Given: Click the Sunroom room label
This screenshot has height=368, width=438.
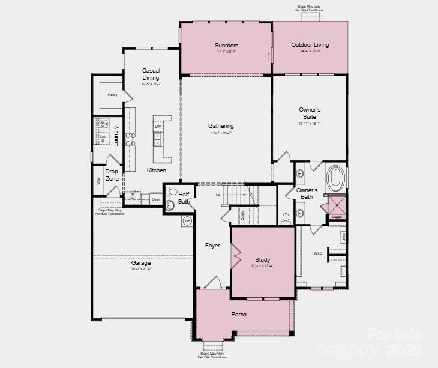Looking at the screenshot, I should pyautogui.click(x=226, y=45).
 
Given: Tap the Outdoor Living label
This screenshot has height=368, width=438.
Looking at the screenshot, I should pyautogui.click(x=310, y=45).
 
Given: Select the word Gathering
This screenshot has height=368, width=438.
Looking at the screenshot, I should pyautogui.click(x=221, y=126).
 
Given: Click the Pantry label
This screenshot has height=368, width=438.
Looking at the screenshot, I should pyautogui.click(x=112, y=95).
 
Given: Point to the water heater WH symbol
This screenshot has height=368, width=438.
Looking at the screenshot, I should pyautogui.click(x=187, y=221).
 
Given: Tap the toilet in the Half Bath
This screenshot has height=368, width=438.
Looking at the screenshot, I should pyautogui.click(x=173, y=192).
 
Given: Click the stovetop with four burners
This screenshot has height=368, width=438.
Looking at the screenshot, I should pyautogui.click(x=130, y=140).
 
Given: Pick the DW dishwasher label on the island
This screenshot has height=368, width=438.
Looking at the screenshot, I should pyautogui.click(x=158, y=127).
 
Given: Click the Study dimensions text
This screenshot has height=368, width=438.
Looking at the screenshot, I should pyautogui.click(x=263, y=266).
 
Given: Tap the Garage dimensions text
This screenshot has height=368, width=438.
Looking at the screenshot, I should pyautogui.click(x=141, y=269).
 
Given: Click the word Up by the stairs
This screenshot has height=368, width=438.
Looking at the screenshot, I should pyautogui.click(x=218, y=195).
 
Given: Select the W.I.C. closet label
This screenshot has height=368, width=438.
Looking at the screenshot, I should pyautogui.click(x=318, y=253).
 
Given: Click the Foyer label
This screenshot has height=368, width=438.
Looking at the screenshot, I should pyautogui.click(x=212, y=246).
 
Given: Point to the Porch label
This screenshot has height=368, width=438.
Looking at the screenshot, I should pyautogui.click(x=239, y=314).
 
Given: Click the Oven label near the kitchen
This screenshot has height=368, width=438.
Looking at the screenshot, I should pyautogui.click(x=155, y=199).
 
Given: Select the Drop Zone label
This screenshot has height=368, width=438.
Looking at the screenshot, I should pyautogui.click(x=112, y=175).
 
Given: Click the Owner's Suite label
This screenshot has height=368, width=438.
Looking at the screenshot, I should pyautogui.click(x=310, y=113).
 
